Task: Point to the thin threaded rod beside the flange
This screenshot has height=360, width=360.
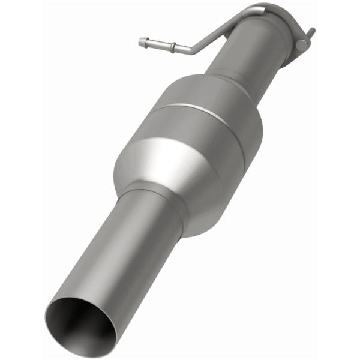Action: pos(310,33)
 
